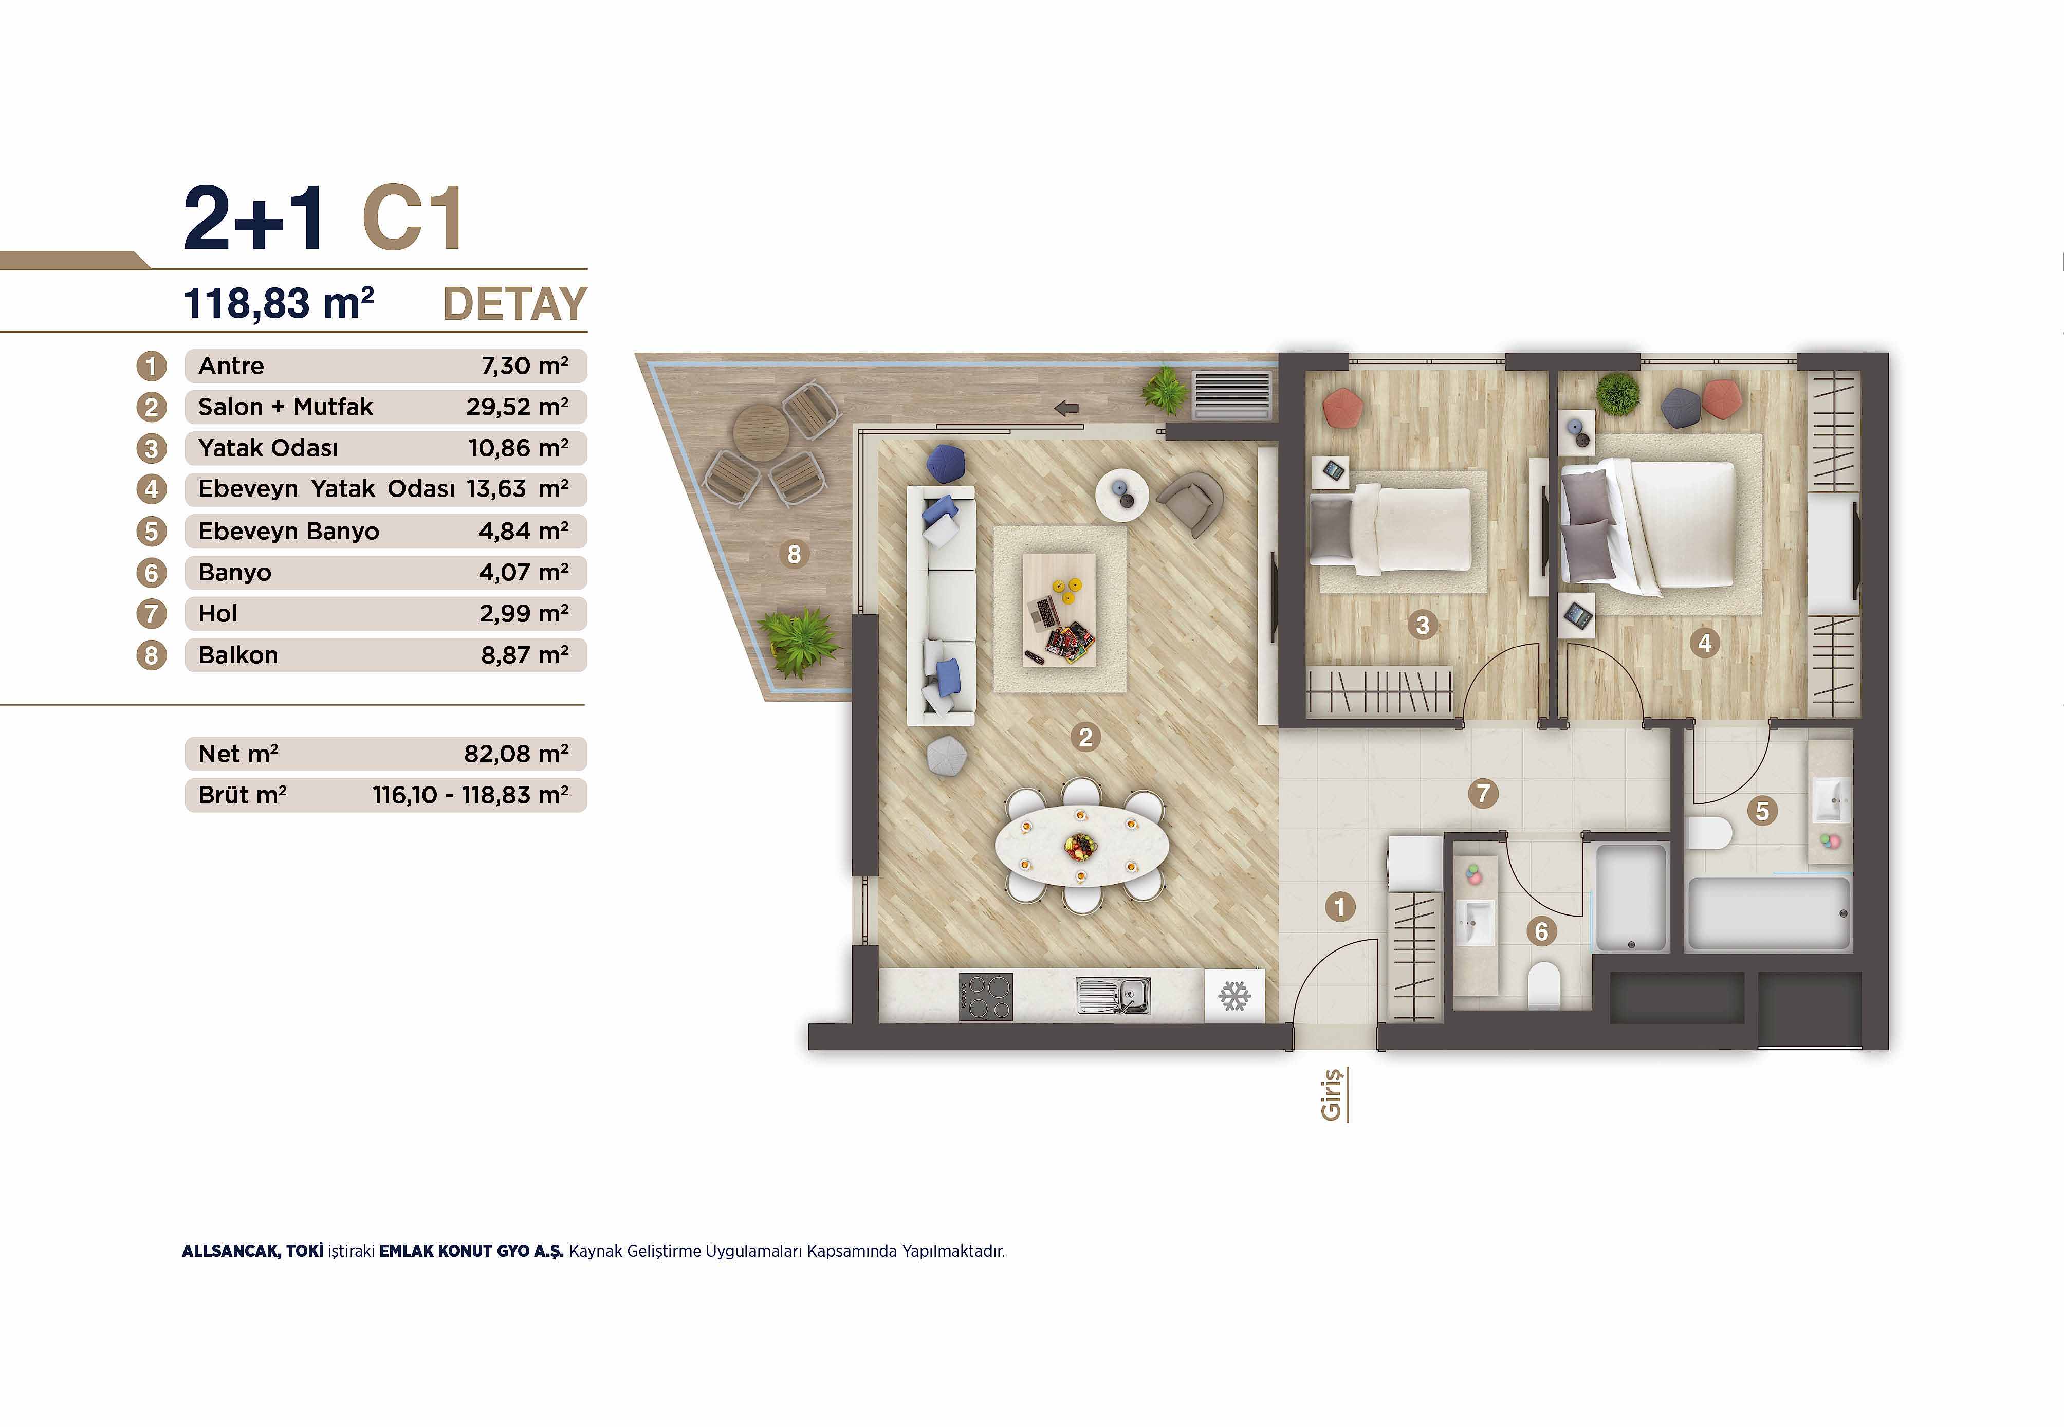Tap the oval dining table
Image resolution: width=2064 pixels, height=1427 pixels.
pos(1082,845)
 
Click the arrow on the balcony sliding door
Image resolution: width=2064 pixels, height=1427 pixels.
pos(1066,409)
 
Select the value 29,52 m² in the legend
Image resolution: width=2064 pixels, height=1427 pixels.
pos(517,407)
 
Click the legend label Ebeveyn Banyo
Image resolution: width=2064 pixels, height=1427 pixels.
pos(289,531)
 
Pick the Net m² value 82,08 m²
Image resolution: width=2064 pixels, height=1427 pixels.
pos(516,754)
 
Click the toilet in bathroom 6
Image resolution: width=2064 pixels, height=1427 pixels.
pos(1544,985)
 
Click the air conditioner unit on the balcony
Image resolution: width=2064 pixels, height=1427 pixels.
pos(1232,395)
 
